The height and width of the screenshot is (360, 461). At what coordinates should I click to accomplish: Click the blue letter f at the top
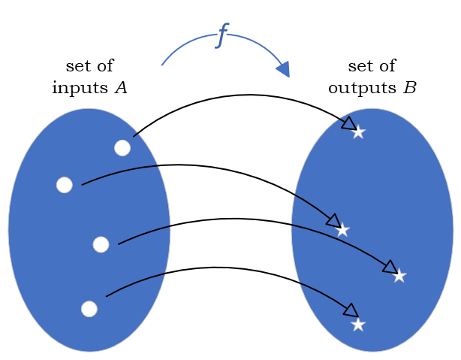[x=222, y=35]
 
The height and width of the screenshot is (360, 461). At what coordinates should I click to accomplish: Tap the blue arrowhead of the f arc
[x=283, y=69]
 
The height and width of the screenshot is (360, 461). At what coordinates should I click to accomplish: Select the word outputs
[x=363, y=88]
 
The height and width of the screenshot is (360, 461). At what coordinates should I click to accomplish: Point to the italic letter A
[x=120, y=88]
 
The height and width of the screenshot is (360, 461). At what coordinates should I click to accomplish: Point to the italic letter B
[x=409, y=88]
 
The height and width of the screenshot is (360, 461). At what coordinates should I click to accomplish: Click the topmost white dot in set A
[x=122, y=148]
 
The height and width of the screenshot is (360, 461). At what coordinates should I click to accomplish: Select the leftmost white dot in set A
[x=65, y=185]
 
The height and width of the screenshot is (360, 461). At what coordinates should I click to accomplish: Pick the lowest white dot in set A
[x=89, y=309]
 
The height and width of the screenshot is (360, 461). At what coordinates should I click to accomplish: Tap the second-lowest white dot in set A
[x=101, y=244]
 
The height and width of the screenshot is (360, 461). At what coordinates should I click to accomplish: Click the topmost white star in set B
[x=358, y=132]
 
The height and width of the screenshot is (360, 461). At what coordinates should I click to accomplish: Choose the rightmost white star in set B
[x=399, y=276]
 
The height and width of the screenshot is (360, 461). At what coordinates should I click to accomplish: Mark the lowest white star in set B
[x=358, y=325]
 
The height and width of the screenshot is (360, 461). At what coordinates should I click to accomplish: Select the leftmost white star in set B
[x=342, y=230]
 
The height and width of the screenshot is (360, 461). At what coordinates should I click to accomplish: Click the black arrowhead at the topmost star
[x=349, y=124]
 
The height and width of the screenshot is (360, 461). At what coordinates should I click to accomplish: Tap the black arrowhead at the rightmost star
[x=389, y=267]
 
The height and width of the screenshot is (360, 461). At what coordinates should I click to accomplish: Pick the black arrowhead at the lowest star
[x=350, y=310]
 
